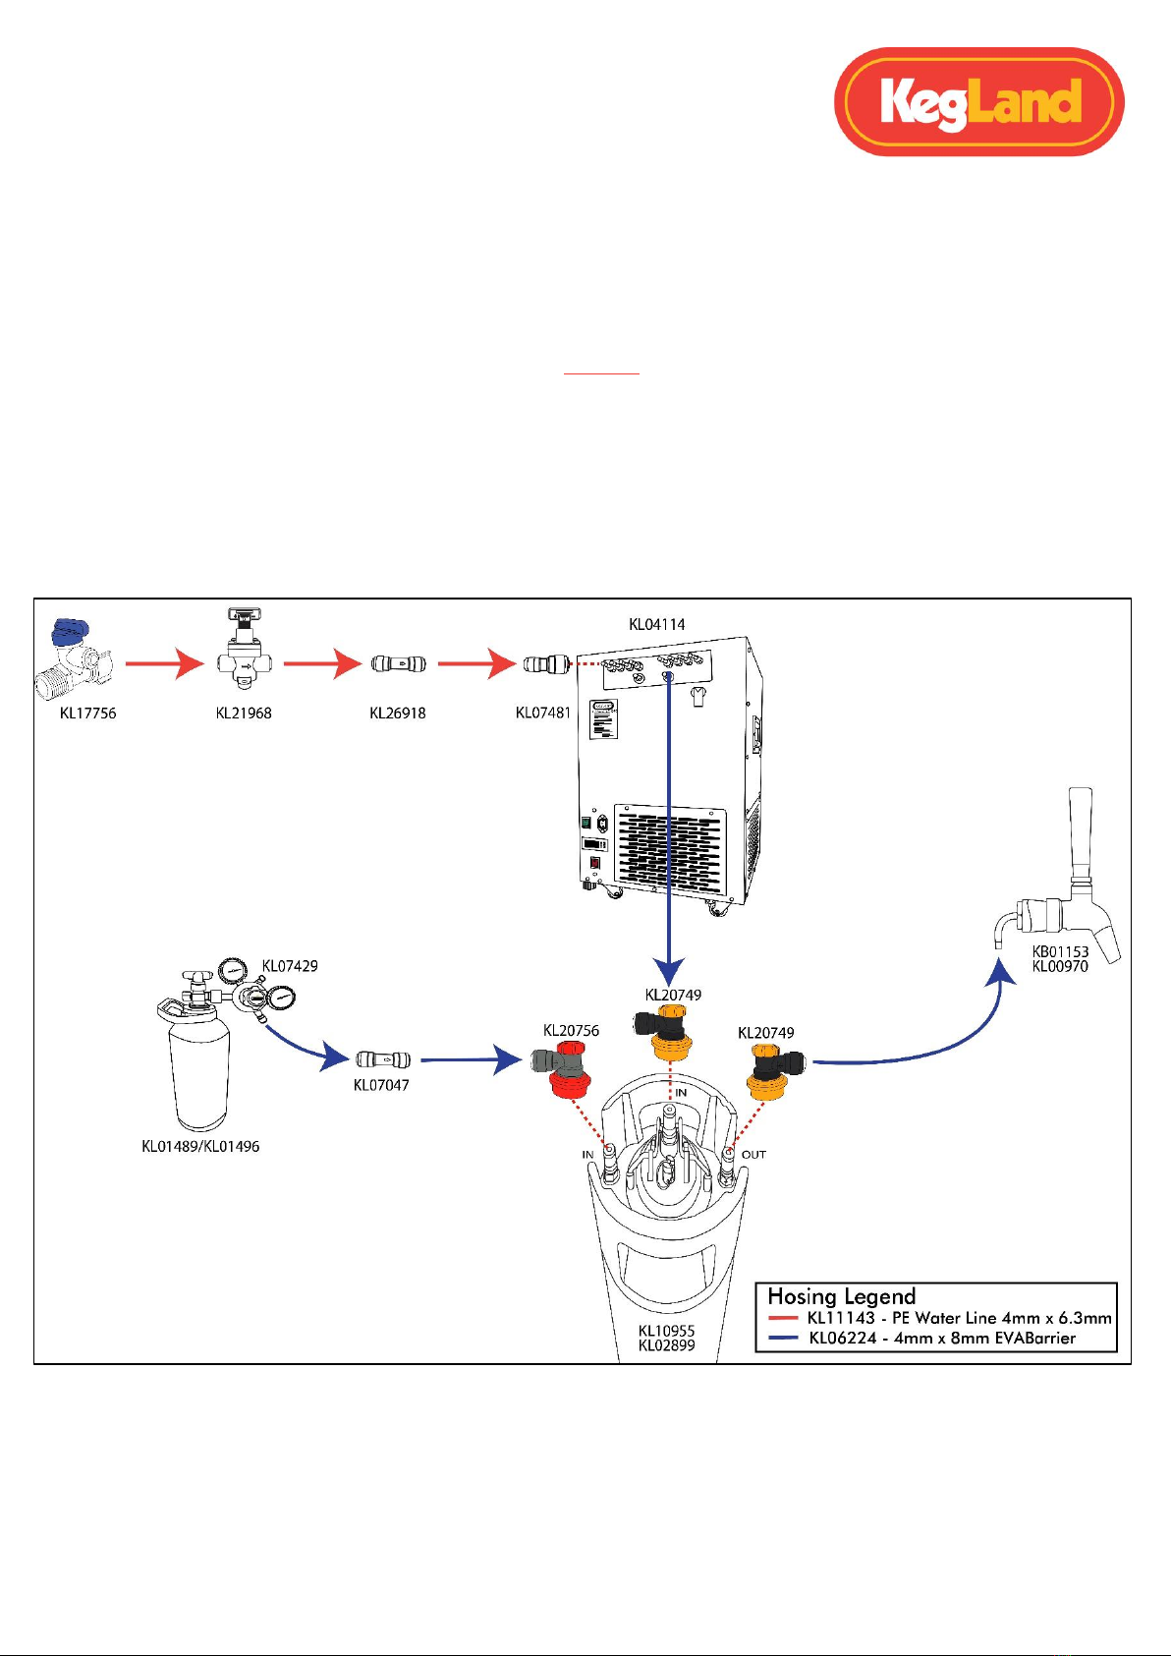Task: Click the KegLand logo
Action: click(978, 102)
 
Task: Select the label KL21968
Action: click(244, 714)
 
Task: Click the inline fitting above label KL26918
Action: click(398, 664)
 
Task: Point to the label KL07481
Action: click(543, 713)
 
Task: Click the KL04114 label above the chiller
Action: click(657, 624)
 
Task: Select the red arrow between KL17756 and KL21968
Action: click(165, 664)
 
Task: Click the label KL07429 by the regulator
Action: click(291, 965)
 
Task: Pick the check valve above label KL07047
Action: click(383, 1059)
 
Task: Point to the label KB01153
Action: click(1060, 951)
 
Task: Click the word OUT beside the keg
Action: click(753, 1155)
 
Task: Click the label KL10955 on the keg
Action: click(666, 1331)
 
